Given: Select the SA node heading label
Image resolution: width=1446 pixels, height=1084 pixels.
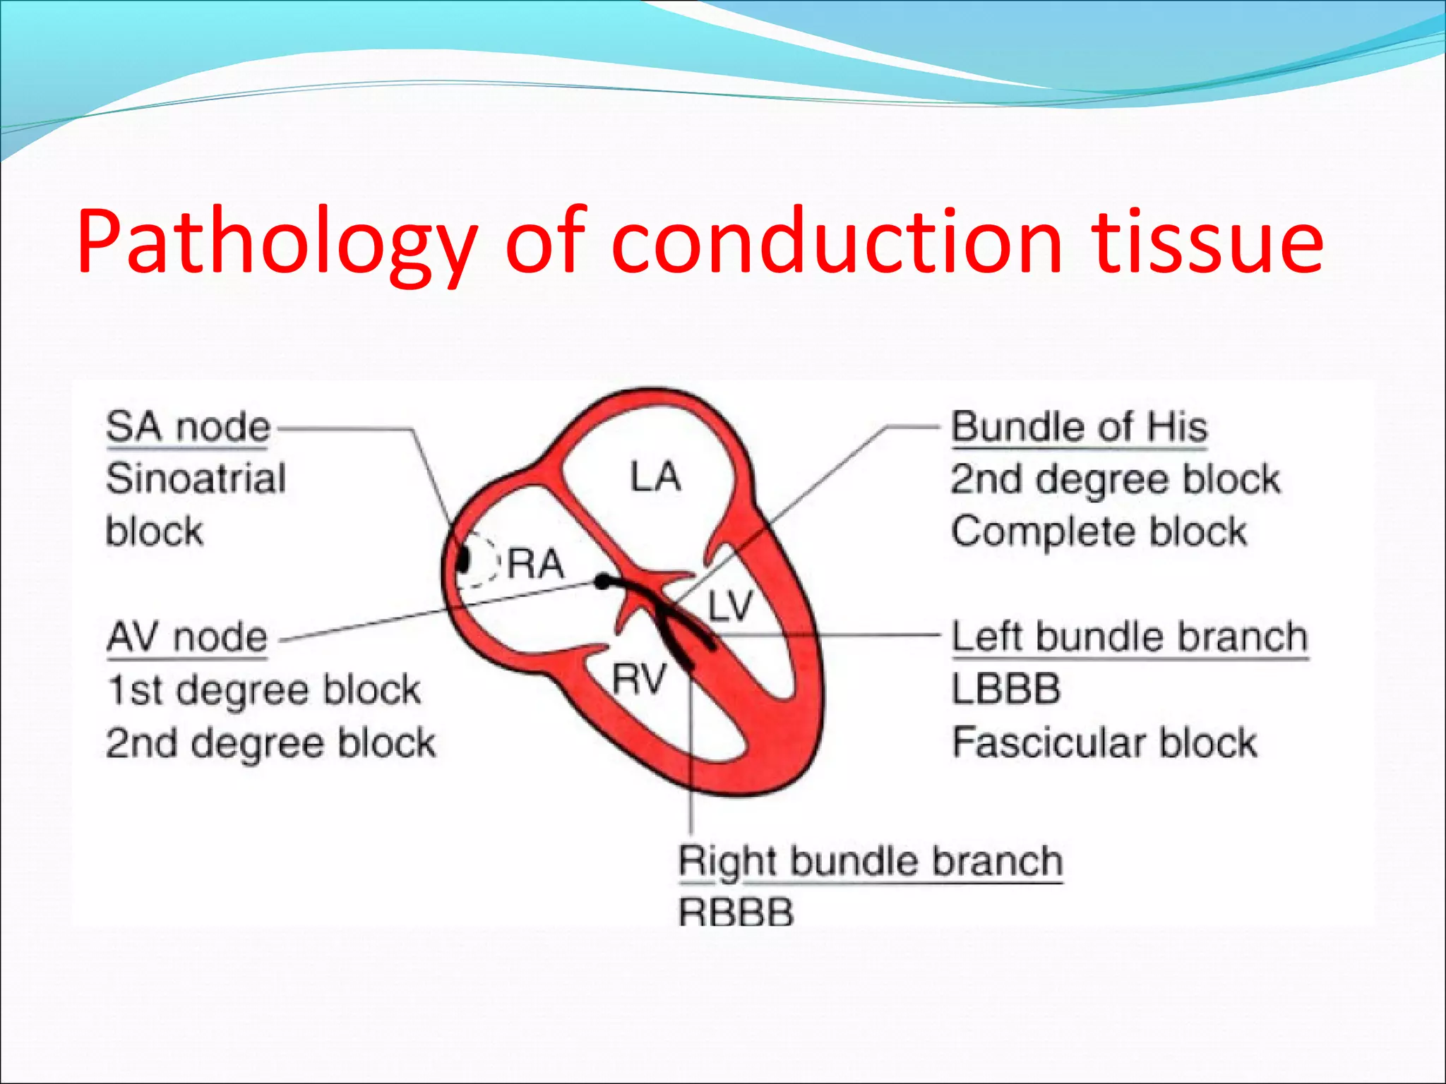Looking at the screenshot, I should coord(188,428).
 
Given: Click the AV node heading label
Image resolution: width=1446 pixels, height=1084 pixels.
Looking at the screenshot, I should coord(187,637).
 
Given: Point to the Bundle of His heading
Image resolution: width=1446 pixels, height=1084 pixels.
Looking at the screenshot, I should coord(1079,428).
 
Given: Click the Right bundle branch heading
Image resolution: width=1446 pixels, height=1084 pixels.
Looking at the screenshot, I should coord(870,862).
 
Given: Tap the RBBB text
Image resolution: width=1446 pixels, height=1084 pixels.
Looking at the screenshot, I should coord(736,913).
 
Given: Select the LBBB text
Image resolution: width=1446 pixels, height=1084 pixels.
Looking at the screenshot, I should coord(1005,689).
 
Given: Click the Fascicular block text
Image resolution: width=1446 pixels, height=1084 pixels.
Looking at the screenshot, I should coord(1104,742).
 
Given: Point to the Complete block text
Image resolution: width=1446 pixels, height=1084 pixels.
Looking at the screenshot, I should coord(1099,531).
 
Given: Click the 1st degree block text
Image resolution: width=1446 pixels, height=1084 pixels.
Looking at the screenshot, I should coord(264,689).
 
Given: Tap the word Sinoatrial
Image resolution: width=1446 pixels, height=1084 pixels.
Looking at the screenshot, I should coord(196,479).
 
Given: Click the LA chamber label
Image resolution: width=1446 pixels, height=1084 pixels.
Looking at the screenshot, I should coord(655,476).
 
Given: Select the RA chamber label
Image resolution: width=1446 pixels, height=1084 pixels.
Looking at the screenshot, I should coord(536,564).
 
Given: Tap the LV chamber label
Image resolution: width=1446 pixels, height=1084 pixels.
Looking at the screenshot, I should coord(730,606).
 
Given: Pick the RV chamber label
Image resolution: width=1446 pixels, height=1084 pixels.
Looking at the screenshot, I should coord(639,680).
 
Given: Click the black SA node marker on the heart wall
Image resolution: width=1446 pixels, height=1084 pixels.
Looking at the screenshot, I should coord(463,560).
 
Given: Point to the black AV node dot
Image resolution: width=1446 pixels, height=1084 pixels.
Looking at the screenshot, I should coord(602,582).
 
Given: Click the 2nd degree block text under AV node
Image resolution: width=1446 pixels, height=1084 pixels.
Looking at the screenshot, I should coord(271,742).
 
